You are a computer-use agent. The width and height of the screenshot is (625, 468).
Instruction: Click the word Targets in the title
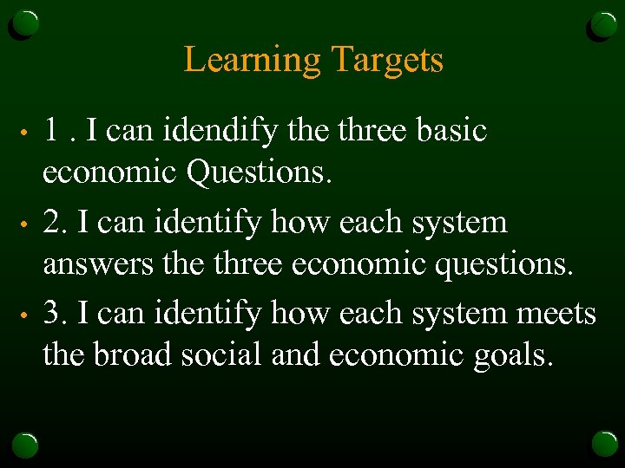(x=387, y=61)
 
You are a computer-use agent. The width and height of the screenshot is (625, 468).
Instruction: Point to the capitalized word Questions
(x=260, y=172)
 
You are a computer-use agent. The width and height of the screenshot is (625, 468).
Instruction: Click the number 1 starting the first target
(x=52, y=131)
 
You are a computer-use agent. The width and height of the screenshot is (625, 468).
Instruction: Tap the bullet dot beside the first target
(x=28, y=133)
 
